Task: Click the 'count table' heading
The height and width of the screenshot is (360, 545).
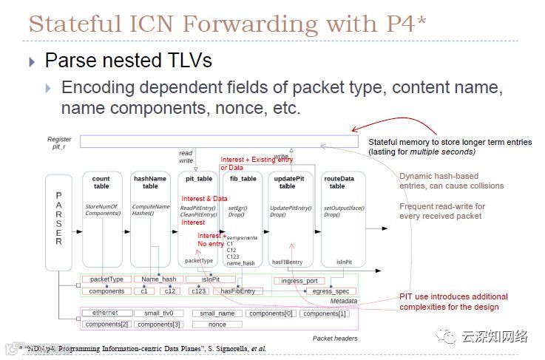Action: tap(101, 182)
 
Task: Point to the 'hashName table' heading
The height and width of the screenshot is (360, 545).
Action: tap(150, 182)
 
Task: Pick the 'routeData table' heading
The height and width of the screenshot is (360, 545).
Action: tap(339, 182)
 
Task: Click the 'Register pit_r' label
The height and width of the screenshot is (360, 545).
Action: tap(59, 143)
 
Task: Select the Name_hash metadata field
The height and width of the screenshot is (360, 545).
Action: tap(159, 279)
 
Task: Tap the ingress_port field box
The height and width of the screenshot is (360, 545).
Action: tap(299, 281)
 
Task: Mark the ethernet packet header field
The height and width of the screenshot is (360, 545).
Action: tap(105, 313)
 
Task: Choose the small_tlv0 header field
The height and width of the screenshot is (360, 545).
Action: tap(158, 313)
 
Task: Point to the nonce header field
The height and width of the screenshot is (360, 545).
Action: tap(217, 325)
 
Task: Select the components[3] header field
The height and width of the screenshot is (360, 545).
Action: tap(158, 325)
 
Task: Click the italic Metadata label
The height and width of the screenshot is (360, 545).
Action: tap(343, 302)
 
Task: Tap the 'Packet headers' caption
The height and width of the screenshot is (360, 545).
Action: tap(336, 339)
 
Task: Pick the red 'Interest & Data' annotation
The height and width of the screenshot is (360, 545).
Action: tap(204, 198)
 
